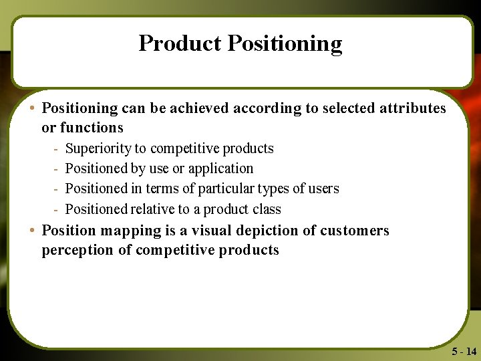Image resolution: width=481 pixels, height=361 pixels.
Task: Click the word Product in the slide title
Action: click(x=180, y=43)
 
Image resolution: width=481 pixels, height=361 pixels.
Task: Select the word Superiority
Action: click(x=98, y=148)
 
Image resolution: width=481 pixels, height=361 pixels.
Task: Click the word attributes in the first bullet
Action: click(x=413, y=108)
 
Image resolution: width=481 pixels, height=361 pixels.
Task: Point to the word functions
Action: click(x=92, y=127)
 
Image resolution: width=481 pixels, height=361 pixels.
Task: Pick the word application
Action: click(x=220, y=169)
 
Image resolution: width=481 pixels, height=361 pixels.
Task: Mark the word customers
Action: click(x=354, y=231)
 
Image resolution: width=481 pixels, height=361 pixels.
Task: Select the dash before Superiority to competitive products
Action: click(x=57, y=149)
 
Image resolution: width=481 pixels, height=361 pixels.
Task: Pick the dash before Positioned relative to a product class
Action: click(x=57, y=210)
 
